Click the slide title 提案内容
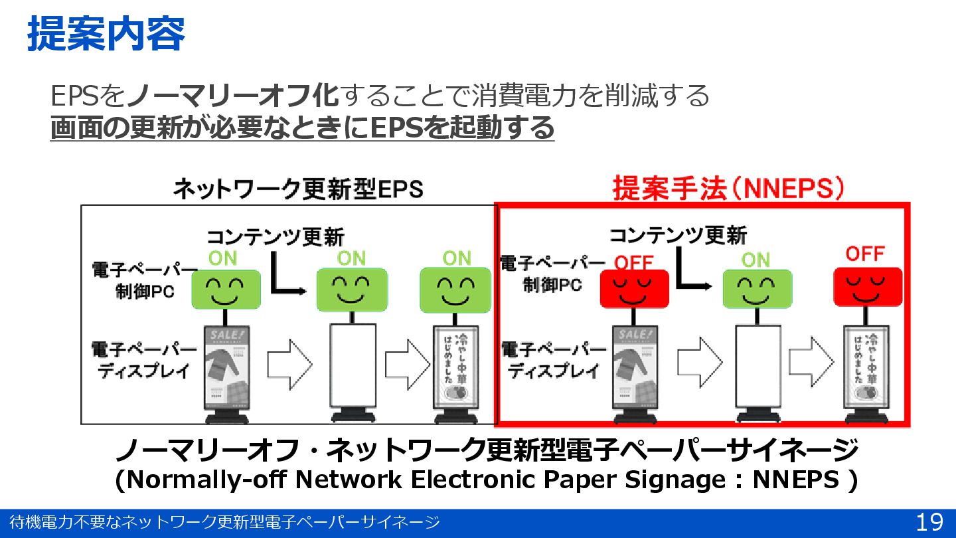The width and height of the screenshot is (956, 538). (x=106, y=35)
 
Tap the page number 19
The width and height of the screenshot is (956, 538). (x=929, y=523)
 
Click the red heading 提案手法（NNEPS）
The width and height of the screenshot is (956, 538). (x=728, y=189)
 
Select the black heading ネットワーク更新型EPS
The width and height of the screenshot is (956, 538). (x=297, y=189)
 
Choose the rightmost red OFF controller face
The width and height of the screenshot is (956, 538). (x=867, y=287)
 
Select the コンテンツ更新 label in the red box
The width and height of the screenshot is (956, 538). (x=678, y=235)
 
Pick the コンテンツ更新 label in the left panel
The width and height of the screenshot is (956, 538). (x=276, y=236)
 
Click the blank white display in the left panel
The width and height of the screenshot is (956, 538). (x=353, y=367)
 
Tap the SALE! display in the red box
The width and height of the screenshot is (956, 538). (x=635, y=367)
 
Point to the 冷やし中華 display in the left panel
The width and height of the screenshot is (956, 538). (x=455, y=367)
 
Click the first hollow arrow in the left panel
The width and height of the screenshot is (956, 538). (x=289, y=361)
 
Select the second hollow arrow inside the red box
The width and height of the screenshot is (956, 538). (x=811, y=361)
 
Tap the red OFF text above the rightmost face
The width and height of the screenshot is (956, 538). (x=865, y=253)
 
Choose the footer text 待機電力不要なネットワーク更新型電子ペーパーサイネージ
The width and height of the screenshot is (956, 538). (x=224, y=523)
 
